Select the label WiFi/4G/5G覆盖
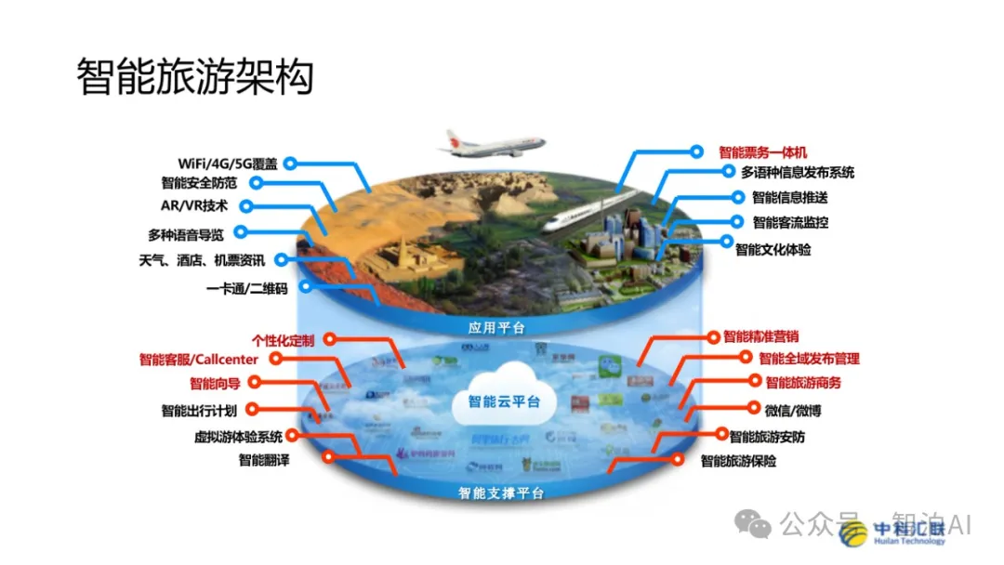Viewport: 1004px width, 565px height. click(230, 164)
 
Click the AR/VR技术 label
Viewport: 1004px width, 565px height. click(194, 206)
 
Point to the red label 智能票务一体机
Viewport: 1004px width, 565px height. click(763, 151)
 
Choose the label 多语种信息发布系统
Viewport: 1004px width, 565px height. click(798, 172)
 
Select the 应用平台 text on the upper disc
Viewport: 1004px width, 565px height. click(496, 327)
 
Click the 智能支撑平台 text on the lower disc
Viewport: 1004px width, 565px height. click(501, 493)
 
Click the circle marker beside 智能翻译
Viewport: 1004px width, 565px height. click(328, 457)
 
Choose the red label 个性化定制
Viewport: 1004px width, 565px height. click(284, 340)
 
